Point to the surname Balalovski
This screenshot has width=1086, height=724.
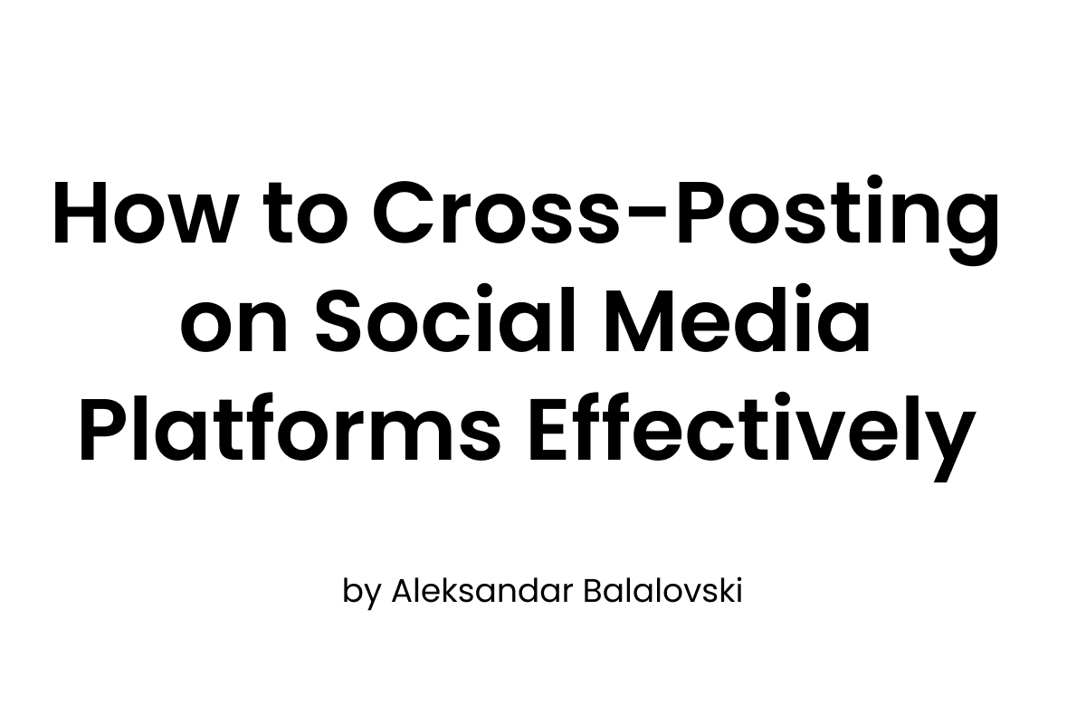(x=663, y=593)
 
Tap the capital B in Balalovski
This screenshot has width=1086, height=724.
(x=596, y=593)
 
